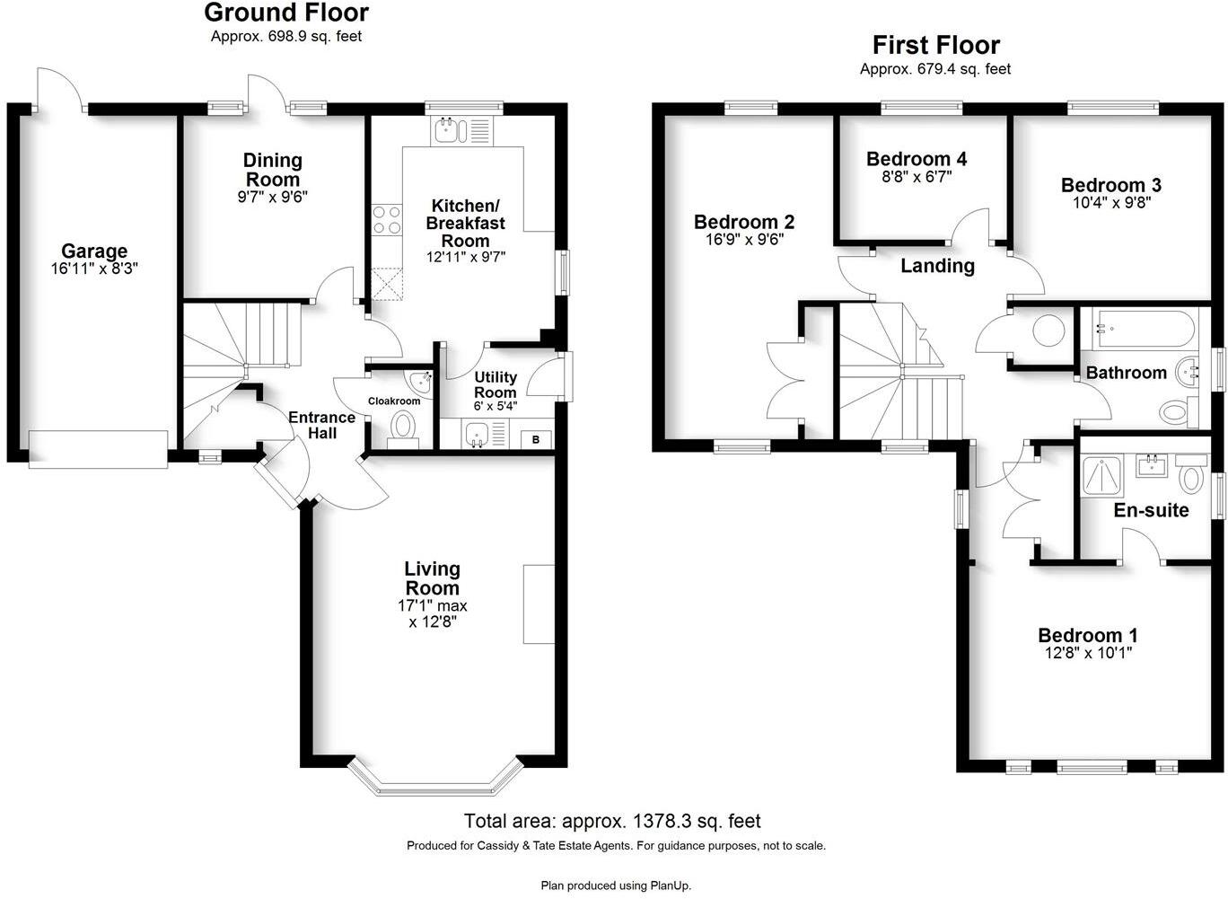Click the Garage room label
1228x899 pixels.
click(94, 251)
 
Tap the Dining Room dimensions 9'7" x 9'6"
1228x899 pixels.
click(273, 198)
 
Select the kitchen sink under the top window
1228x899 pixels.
click(446, 132)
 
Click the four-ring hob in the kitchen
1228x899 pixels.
click(387, 220)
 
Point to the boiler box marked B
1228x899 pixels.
click(536, 439)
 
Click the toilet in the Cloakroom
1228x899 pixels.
click(404, 425)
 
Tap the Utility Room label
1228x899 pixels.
click(496, 384)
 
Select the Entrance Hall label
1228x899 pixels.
click(321, 425)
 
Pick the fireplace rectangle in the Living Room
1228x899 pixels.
click(539, 604)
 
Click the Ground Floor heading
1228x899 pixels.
click(285, 13)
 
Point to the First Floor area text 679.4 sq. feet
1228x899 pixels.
click(934, 69)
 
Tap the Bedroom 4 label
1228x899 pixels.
click(916, 159)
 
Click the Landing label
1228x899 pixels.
click(937, 266)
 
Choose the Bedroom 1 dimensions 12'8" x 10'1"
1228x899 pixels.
click(1088, 654)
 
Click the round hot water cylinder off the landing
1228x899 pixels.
click(1048, 331)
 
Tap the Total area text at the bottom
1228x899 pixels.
click(612, 821)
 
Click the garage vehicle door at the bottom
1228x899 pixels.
click(98, 449)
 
